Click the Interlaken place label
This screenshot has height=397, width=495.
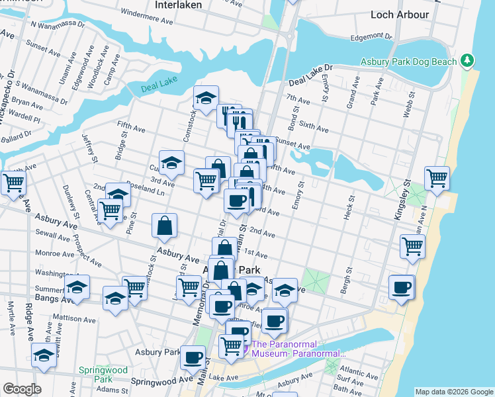pos(177,5)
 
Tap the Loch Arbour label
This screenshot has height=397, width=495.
pos(400,14)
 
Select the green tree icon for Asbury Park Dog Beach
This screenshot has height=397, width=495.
pos(468,61)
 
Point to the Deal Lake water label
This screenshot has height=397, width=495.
pos(156,89)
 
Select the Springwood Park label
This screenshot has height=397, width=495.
pos(95,375)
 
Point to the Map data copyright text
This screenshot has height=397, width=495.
pos(453,392)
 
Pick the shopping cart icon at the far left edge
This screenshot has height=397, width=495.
pos(13,181)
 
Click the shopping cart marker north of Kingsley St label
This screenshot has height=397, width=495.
pos(437,177)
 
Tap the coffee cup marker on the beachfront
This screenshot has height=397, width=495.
pos(402,287)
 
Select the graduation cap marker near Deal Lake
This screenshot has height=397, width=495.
pos(206,98)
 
